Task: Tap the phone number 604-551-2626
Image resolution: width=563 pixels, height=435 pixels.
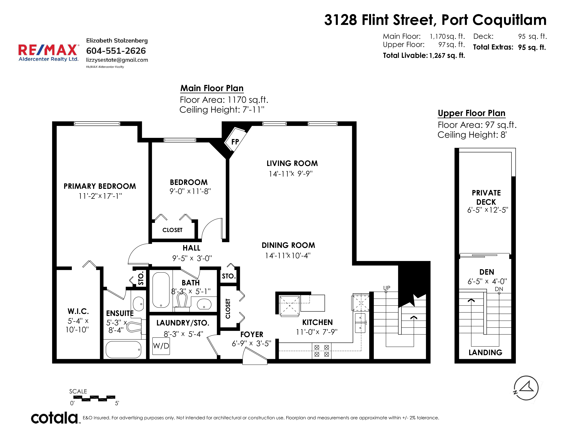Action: coord(116,51)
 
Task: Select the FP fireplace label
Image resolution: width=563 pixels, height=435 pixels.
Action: coord(235,142)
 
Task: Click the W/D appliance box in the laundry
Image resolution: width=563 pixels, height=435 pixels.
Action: coord(161,346)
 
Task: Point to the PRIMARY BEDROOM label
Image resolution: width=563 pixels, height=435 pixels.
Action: coord(100,186)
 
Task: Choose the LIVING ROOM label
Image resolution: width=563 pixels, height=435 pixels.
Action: coord(292,163)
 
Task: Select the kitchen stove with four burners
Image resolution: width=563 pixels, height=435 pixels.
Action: coord(322,351)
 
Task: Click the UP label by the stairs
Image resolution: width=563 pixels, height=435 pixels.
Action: coord(387,288)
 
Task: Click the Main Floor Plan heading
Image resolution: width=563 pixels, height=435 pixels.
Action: coord(212,88)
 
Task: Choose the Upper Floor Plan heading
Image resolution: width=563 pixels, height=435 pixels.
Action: coord(472,113)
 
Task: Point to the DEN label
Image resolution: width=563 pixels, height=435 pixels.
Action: coord(487,272)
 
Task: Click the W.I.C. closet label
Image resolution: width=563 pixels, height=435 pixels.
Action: coord(78,311)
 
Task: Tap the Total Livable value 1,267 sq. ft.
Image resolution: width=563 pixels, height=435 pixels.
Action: coord(447,55)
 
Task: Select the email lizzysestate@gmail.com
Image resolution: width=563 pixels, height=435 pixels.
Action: coord(117,60)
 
